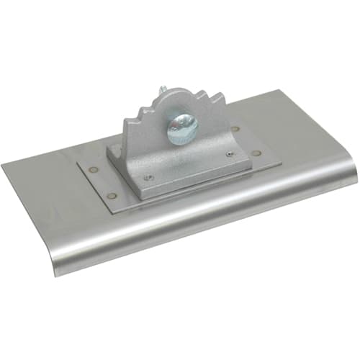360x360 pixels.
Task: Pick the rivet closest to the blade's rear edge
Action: coord(235,130)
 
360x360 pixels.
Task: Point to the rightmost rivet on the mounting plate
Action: coord(258,153)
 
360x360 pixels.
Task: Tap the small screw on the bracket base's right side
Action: coord(230,153)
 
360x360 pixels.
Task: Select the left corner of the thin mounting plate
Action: coord(77,170)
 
